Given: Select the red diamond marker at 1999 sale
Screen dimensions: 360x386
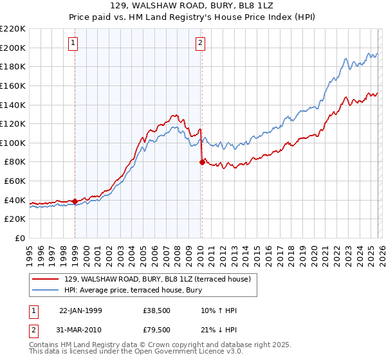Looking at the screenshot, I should pyautogui.click(x=75, y=201).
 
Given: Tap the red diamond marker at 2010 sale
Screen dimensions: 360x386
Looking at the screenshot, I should pyautogui.click(x=202, y=163).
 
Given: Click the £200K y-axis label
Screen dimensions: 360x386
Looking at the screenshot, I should pyautogui.click(x=13, y=48).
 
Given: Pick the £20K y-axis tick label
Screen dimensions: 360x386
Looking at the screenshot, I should pyautogui.click(x=15, y=219).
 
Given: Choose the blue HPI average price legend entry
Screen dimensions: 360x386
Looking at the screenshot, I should pyautogui.click(x=133, y=290).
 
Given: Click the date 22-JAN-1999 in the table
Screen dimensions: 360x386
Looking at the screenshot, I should pyautogui.click(x=80, y=310).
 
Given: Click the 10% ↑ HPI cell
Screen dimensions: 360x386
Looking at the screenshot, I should pyautogui.click(x=219, y=310).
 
